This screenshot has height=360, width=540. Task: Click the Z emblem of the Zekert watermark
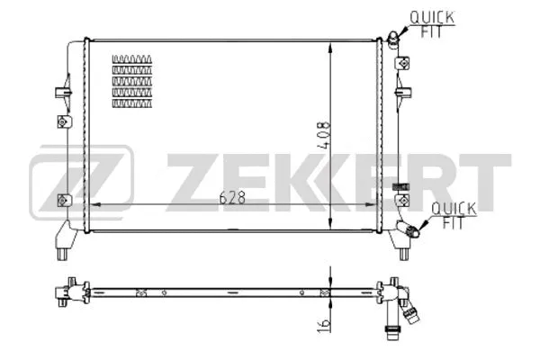click(81, 183)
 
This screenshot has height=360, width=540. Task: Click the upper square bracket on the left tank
click(62, 123)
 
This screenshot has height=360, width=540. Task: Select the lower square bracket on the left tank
click(62, 199)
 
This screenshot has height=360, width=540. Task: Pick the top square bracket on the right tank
click(401, 65)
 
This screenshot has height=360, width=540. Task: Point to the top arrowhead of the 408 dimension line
click(334, 45)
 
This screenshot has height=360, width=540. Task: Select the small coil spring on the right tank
click(402, 186)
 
